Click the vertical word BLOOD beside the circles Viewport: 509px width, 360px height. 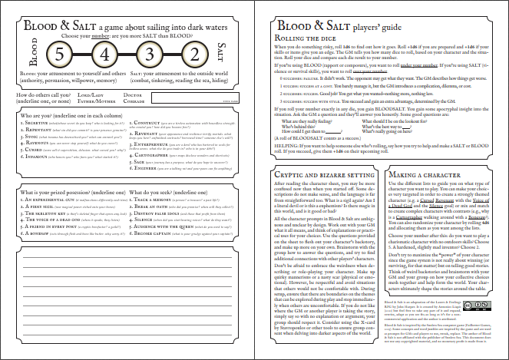click(32, 57)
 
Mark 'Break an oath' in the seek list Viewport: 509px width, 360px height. click(154, 204)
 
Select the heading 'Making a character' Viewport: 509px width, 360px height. click(415, 176)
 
